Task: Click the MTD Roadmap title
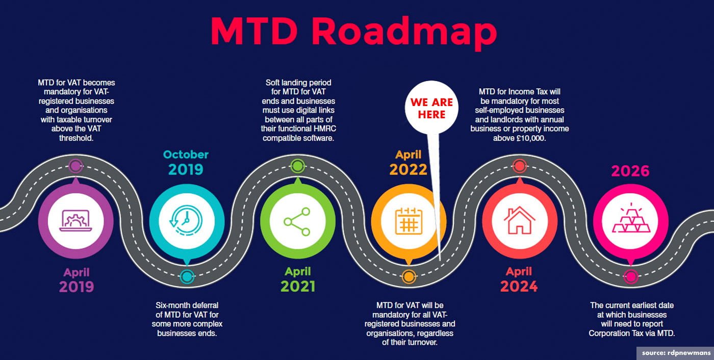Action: tap(353, 32)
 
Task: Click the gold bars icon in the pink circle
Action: tap(630, 220)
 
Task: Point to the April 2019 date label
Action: tap(76, 280)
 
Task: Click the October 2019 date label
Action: tap(186, 162)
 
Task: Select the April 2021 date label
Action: tap(297, 279)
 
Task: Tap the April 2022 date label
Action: tap(408, 162)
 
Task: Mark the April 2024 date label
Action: tap(519, 279)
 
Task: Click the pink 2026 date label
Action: tap(630, 171)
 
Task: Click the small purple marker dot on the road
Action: tap(75, 166)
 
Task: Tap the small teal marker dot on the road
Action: tap(187, 277)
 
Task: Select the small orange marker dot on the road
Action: tap(408, 277)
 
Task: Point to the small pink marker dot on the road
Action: tap(630, 277)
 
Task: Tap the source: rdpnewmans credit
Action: tap(675, 353)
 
